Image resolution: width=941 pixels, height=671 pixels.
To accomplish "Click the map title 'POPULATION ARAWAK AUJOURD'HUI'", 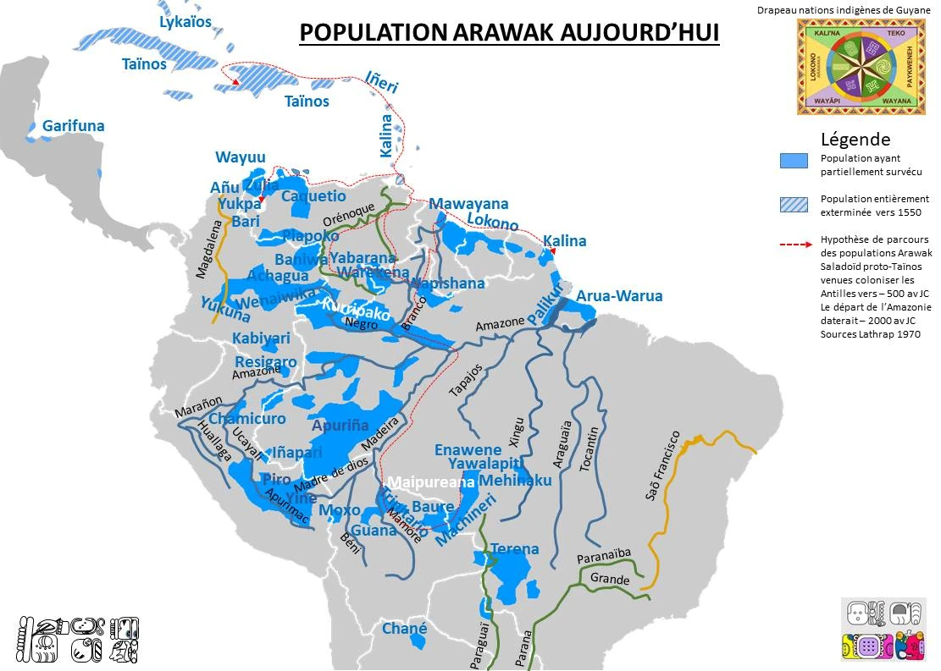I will pos(509,32).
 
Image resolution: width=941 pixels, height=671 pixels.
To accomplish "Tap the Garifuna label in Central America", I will pos(74,126).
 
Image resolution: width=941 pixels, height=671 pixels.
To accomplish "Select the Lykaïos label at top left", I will pos(185,21).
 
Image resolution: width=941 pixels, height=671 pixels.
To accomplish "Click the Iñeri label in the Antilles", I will pos(381,83).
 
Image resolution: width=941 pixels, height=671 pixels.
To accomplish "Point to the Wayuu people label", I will pos(241,157).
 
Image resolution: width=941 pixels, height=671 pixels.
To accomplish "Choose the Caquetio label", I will pos(313,196).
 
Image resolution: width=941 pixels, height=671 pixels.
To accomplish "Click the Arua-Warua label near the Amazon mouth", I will pos(619,296).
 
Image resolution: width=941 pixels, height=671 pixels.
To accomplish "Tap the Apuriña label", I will pos(340,426).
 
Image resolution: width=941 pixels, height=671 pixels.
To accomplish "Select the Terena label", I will pos(514,549).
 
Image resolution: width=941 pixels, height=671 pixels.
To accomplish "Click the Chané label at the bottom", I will pos(404,630).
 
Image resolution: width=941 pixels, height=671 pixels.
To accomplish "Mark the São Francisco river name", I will pos(662,465).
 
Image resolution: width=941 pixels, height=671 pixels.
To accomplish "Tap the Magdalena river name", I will pos(207,249).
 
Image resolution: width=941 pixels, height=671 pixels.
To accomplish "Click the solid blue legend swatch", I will pos(794,161).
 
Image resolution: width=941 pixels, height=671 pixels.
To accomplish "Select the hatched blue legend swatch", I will pos(794,203).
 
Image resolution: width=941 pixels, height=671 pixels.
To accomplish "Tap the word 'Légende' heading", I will pos(855,140).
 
